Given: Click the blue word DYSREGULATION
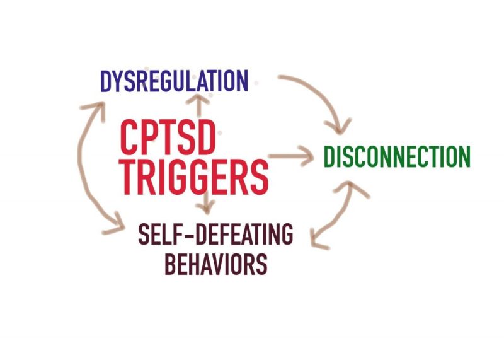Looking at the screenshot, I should pos(174,81).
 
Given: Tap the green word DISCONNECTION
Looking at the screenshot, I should pos(396,157).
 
